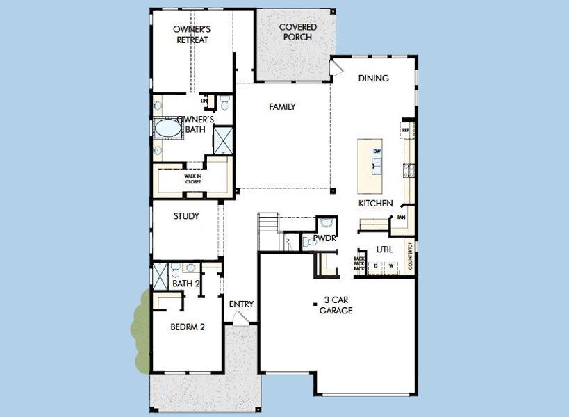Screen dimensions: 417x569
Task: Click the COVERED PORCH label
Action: [x=298, y=32]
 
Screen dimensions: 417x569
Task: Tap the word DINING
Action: [x=373, y=79]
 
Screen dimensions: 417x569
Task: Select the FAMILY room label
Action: [x=283, y=107]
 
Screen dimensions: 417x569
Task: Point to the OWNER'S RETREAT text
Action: [x=192, y=35]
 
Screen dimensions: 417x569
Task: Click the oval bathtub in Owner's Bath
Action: [x=167, y=129]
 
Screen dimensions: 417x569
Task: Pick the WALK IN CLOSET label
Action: [x=192, y=179]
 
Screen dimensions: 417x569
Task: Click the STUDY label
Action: [x=186, y=216]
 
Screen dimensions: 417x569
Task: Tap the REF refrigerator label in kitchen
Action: [x=406, y=129]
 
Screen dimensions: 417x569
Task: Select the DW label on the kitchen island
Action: [x=377, y=151]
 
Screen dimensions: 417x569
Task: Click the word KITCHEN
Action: [x=376, y=204]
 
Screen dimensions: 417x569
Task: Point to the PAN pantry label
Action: [x=401, y=218]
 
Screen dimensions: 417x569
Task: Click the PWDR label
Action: [x=324, y=238]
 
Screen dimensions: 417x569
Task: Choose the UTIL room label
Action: [x=385, y=248]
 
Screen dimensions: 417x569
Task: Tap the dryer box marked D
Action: [x=376, y=265]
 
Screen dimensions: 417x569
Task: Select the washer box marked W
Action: [x=391, y=265]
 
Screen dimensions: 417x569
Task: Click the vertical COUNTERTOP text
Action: [x=411, y=256]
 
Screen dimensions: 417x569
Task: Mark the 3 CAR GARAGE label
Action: [x=336, y=306]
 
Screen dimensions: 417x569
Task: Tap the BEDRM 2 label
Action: [x=188, y=327]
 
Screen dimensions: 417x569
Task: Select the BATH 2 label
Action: [x=186, y=284]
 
